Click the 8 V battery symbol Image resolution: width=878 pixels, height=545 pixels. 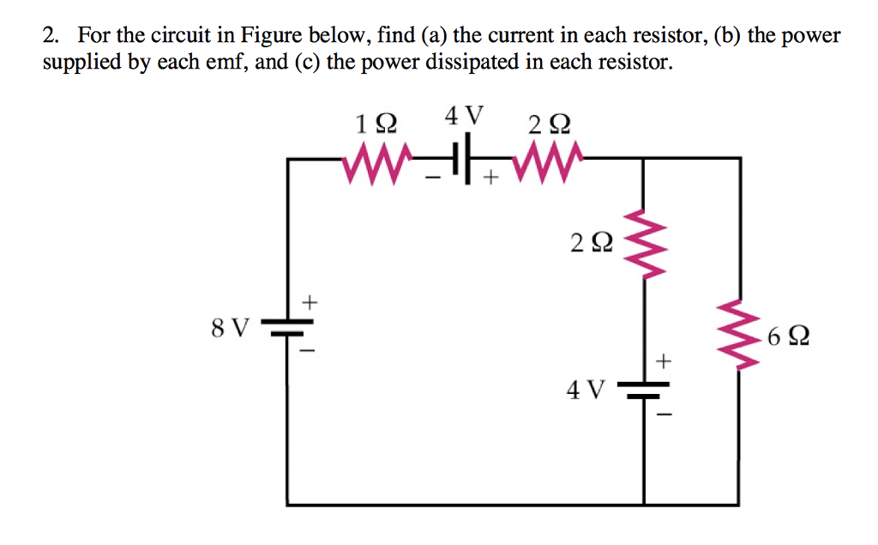click(287, 328)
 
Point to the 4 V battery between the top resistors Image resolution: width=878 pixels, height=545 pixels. click(464, 159)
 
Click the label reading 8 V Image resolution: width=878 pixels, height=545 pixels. click(230, 327)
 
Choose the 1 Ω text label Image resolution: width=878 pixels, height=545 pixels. click(376, 123)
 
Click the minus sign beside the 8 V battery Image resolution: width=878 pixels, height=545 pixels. click(310, 352)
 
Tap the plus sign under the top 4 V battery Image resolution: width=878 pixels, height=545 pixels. click(490, 180)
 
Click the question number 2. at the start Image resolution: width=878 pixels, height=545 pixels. click(52, 36)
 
